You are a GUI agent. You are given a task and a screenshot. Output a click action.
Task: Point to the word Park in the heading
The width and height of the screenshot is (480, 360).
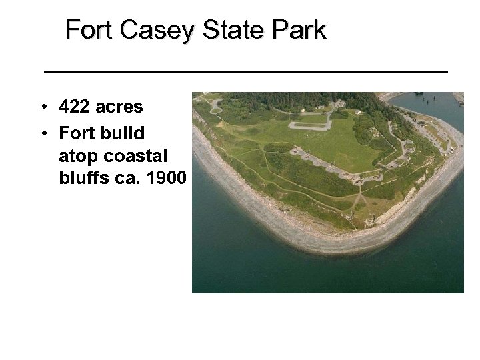[x=300, y=31]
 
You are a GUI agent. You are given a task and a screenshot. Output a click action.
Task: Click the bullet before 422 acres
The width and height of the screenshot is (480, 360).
[x=42, y=107]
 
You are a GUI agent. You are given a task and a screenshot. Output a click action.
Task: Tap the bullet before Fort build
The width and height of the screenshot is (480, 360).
[x=42, y=133]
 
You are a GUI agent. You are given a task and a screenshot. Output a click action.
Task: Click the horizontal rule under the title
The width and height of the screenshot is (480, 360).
[x=245, y=71]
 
